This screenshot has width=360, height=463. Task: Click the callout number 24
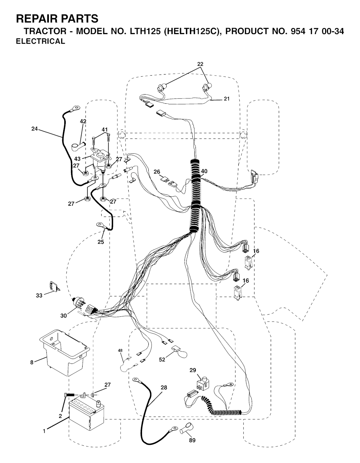pyautogui.click(x=34, y=129)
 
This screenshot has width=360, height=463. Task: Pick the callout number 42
pyautogui.click(x=83, y=121)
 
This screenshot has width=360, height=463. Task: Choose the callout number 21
pyautogui.click(x=227, y=99)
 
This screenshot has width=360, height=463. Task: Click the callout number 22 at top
pyautogui.click(x=200, y=64)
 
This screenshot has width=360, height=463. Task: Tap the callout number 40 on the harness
pyautogui.click(x=204, y=171)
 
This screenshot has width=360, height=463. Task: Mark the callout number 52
pyautogui.click(x=162, y=359)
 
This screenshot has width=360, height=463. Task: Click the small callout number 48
pyautogui.click(x=120, y=350)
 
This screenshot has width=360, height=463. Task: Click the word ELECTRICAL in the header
pyautogui.click(x=40, y=41)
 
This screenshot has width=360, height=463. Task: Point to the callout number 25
pyautogui.click(x=101, y=242)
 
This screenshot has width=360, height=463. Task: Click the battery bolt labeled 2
pyautogui.click(x=69, y=395)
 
